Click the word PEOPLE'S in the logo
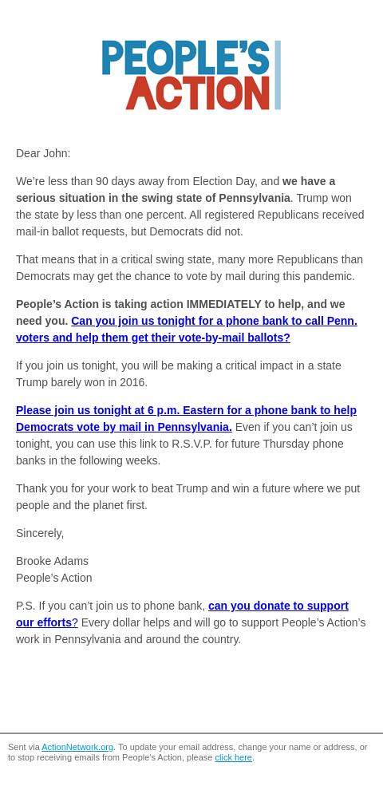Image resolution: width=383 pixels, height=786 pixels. click(x=185, y=58)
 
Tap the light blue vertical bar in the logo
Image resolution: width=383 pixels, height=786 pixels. click(x=278, y=75)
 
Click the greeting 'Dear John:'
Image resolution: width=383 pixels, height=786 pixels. click(x=43, y=153)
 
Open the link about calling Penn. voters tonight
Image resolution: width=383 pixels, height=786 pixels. click(x=214, y=321)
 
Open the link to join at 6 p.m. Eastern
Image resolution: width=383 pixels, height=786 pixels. click(x=186, y=410)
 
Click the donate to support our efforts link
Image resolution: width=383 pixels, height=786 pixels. click(x=278, y=606)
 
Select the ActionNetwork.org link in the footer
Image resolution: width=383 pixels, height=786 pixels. click(x=77, y=748)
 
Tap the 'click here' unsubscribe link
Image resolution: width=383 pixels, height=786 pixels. click(x=233, y=757)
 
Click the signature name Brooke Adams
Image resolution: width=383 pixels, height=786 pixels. click(x=52, y=561)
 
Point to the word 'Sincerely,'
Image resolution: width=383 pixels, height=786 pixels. click(x=40, y=533)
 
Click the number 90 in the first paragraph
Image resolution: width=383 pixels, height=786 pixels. click(x=102, y=181)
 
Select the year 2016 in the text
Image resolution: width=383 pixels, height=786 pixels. click(x=134, y=382)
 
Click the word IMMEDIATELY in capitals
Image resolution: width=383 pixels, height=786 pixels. click(x=223, y=304)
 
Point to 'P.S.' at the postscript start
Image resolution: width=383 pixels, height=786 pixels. click(x=26, y=606)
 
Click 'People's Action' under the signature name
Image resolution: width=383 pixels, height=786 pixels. click(x=53, y=578)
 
